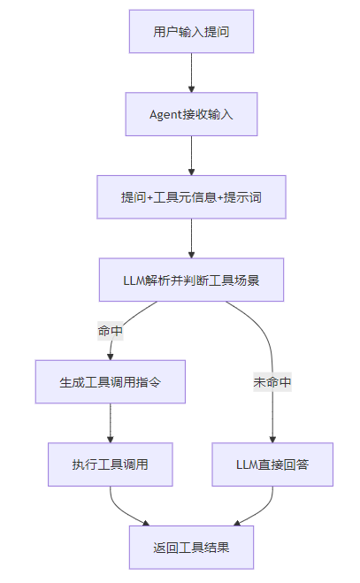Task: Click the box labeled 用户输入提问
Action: click(x=191, y=32)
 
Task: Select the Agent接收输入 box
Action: click(x=191, y=114)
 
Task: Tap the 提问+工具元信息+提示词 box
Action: click(x=191, y=197)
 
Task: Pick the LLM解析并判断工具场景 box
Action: click(x=191, y=280)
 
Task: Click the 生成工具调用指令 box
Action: click(x=110, y=382)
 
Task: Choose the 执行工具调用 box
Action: click(x=110, y=464)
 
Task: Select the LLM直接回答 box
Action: click(x=272, y=464)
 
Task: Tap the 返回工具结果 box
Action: click(x=191, y=548)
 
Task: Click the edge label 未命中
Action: click(x=272, y=382)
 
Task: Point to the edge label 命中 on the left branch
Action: click(x=110, y=331)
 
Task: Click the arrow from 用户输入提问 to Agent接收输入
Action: click(x=191, y=73)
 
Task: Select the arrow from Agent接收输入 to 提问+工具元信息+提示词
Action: click(x=191, y=156)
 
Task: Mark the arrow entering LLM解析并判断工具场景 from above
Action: click(x=191, y=238)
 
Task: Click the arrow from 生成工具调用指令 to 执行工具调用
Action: click(x=110, y=423)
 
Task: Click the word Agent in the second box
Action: click(x=160, y=114)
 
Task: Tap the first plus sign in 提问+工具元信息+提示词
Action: click(x=149, y=197)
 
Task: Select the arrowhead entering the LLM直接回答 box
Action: click(x=272, y=440)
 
